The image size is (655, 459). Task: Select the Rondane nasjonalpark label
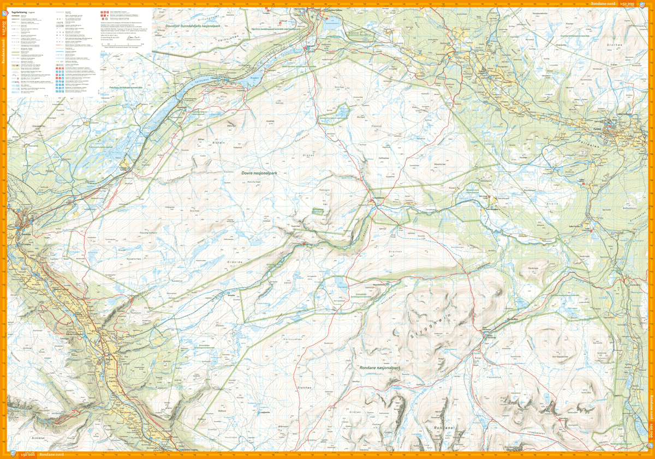pyautogui.click(x=380, y=368)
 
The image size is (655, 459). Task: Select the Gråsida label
pyautogui.click(x=234, y=262)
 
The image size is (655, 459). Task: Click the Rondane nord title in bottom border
pyautogui.click(x=51, y=455)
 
